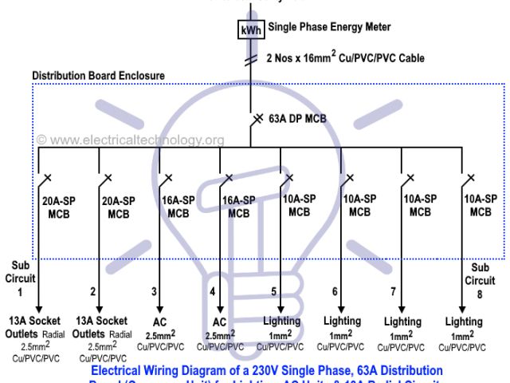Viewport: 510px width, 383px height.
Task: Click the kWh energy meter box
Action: click(252, 30)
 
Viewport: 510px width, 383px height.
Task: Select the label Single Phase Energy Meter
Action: click(329, 27)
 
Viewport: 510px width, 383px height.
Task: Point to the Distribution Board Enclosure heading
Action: click(98, 76)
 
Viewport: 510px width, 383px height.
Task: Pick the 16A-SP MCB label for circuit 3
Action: click(178, 207)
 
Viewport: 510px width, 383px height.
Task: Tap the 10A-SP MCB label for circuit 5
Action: click(299, 206)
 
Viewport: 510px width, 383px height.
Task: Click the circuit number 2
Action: click(92, 292)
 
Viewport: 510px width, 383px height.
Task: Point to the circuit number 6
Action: click(335, 292)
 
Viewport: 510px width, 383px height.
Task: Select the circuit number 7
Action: click(393, 292)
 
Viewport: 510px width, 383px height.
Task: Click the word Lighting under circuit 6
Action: click(342, 321)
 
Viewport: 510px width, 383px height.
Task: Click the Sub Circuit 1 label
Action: click(19, 278)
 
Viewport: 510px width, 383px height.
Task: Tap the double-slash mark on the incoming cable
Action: click(252, 60)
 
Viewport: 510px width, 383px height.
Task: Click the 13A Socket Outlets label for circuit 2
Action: click(100, 326)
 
